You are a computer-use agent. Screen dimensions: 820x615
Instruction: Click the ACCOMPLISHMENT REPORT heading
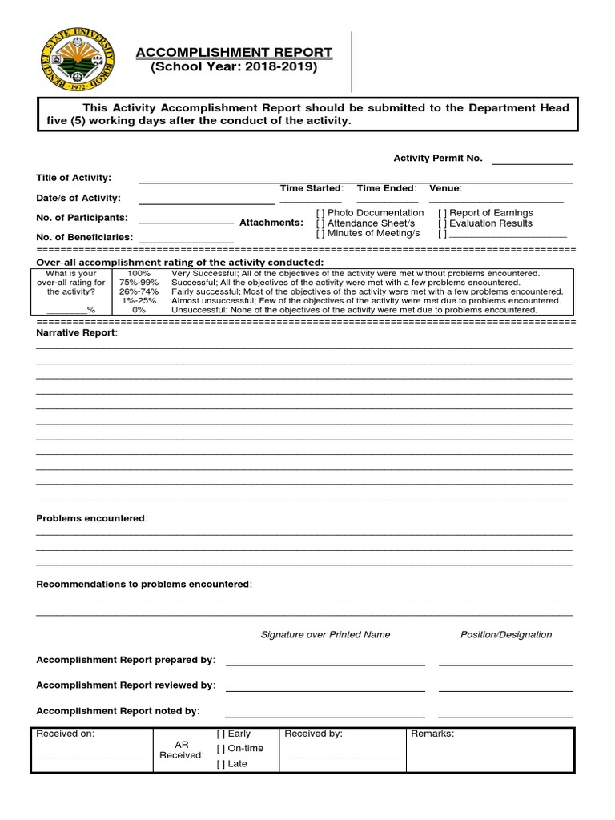pyautogui.click(x=234, y=53)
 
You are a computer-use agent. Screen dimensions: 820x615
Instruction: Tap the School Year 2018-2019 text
pyautogui.click(x=234, y=67)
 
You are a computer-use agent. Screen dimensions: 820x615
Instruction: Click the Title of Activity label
pyautogui.click(x=74, y=178)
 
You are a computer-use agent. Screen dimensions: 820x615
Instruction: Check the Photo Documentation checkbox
pyautogui.click(x=320, y=213)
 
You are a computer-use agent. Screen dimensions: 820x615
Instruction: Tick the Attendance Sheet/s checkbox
pyautogui.click(x=320, y=223)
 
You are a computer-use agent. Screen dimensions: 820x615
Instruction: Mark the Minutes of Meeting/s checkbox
pyautogui.click(x=320, y=233)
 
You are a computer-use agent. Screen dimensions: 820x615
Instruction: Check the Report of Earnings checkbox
pyautogui.click(x=442, y=213)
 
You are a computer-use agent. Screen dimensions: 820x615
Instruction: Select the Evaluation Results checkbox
pyautogui.click(x=442, y=223)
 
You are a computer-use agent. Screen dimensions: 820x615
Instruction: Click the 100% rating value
pyautogui.click(x=139, y=274)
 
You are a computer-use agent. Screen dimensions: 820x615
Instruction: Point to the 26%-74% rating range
pyautogui.click(x=139, y=292)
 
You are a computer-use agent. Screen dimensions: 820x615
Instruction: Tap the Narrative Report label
pyautogui.click(x=76, y=332)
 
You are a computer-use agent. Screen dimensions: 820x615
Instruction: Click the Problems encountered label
pyautogui.click(x=91, y=519)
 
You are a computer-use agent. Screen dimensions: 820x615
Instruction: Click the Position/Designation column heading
pyautogui.click(x=506, y=635)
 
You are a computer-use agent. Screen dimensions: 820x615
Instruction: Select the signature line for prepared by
pyautogui.click(x=325, y=664)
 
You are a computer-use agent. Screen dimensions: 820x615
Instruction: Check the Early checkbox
pyautogui.click(x=222, y=734)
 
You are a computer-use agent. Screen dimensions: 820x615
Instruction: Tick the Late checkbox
pyautogui.click(x=222, y=764)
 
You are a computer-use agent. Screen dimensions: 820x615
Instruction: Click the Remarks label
pyautogui.click(x=432, y=734)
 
